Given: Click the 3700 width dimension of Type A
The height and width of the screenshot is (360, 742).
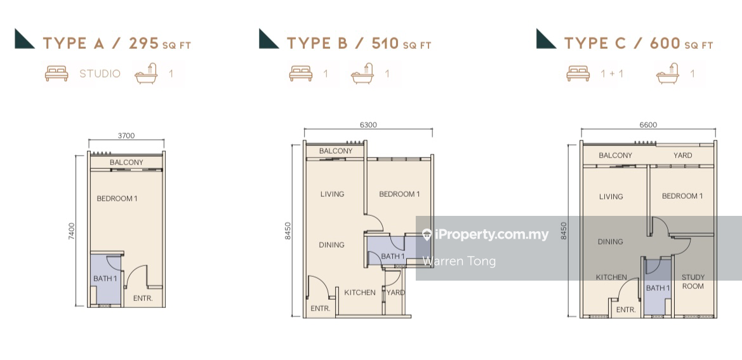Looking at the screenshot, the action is tap(126, 136).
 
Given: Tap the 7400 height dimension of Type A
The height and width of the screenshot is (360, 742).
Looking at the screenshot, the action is tap(72, 231).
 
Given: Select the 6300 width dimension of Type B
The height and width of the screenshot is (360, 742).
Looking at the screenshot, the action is tap(368, 125).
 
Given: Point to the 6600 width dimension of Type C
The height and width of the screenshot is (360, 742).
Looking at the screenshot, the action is tap(648, 125).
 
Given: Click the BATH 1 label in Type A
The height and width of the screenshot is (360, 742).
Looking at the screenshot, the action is tap(105, 279).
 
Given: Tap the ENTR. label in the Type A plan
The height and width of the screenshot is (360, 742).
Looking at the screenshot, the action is tap(143, 298).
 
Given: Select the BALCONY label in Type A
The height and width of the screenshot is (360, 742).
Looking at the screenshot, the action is tap(126, 163).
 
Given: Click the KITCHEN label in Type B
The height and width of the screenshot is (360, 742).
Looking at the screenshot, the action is tap(360, 292).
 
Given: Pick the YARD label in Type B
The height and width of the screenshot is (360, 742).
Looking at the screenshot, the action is tap(395, 292).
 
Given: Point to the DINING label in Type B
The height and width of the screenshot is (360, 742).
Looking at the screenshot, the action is tap(331, 244).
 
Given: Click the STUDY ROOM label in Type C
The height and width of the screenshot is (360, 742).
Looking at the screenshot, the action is tap(692, 281).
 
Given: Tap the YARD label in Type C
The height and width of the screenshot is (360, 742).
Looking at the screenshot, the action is tap(683, 155).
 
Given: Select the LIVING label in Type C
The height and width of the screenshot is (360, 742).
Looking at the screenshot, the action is tap(611, 196).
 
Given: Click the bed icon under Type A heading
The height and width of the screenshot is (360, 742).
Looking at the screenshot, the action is tap(56, 74).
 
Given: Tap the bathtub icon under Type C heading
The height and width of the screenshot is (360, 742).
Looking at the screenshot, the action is tap(668, 74).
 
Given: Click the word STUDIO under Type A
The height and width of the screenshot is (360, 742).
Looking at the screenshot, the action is tap(100, 74).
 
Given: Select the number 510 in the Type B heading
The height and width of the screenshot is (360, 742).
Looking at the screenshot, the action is tap(385, 44).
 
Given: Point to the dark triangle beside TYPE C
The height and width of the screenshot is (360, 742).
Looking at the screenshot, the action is tap(545, 39).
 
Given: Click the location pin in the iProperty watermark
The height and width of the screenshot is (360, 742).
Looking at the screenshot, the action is tap(427, 235).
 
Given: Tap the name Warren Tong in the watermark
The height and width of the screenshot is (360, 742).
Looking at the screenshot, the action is tap(459, 261).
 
